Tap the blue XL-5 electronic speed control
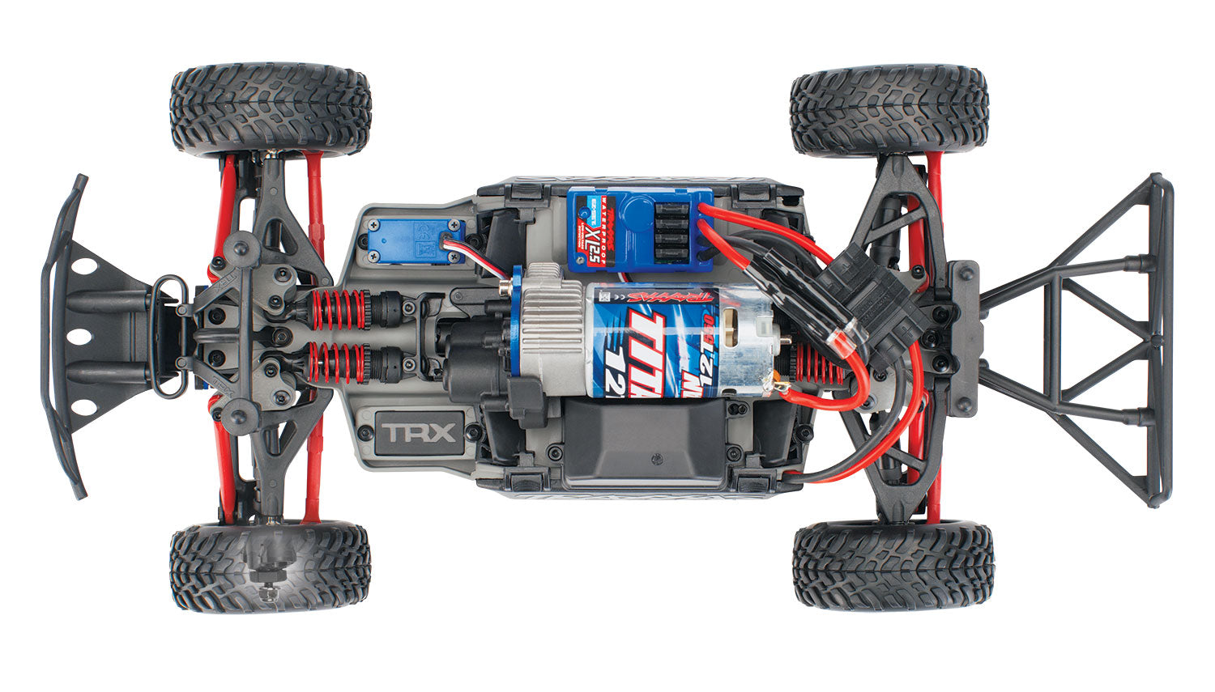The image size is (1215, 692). (x=640, y=229)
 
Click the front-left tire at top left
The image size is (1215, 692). (x=270, y=109)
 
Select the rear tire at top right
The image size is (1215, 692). (x=889, y=111)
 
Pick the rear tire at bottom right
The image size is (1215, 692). (x=893, y=566)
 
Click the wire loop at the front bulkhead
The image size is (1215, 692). (x=165, y=337)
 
